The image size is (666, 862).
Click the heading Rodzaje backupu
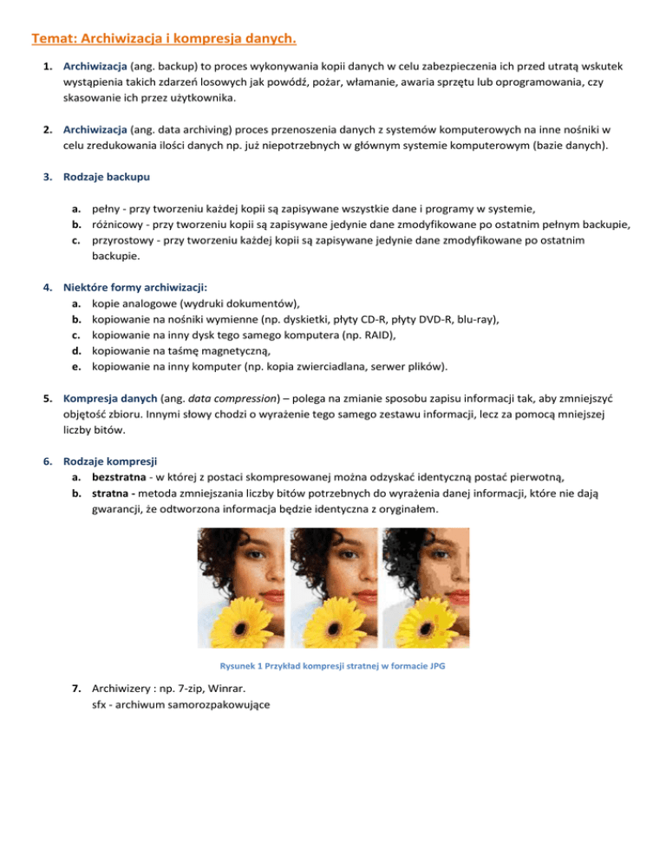106,177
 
